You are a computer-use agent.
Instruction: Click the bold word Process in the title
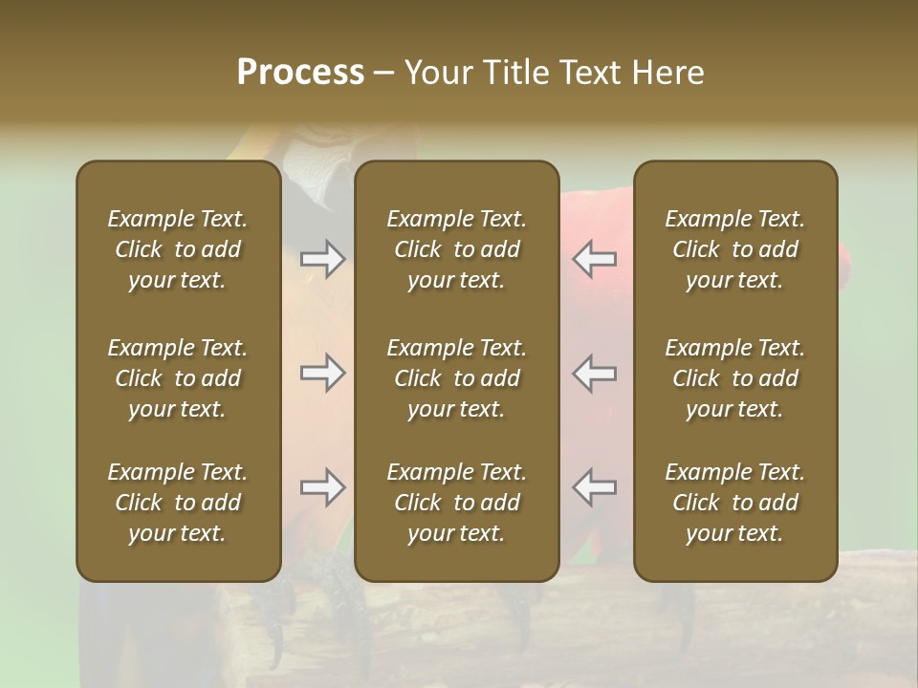(x=300, y=73)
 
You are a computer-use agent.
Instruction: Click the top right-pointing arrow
(x=322, y=259)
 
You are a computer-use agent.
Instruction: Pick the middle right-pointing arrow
(x=322, y=373)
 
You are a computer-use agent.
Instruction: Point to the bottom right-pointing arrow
(x=322, y=487)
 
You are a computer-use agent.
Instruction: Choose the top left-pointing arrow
(x=595, y=259)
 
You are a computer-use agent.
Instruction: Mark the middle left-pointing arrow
(x=595, y=373)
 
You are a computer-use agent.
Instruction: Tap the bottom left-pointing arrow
(x=595, y=487)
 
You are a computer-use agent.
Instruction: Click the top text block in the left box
(x=178, y=249)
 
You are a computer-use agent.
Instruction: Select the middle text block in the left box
(x=178, y=378)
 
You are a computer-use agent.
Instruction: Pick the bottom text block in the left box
(x=178, y=503)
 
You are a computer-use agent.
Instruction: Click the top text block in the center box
(x=456, y=249)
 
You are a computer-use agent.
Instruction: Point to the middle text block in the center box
(x=456, y=378)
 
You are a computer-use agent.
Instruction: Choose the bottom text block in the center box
(x=456, y=503)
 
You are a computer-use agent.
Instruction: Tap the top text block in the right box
(x=735, y=249)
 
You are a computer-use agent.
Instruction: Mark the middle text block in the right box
(x=735, y=378)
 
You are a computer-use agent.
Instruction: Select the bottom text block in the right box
(x=735, y=503)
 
